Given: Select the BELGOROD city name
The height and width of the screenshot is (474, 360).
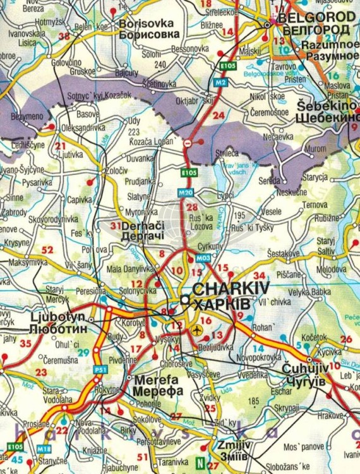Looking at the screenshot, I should [x=314, y=18].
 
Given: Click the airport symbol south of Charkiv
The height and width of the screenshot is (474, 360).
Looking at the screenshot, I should [x=198, y=330].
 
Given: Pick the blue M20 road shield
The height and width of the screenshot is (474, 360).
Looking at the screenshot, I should [x=184, y=193].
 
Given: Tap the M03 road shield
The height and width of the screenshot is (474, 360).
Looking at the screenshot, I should [x=203, y=258].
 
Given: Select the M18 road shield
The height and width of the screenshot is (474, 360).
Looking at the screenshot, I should [x=44, y=449].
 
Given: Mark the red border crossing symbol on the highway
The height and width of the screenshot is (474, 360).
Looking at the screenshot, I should [x=187, y=144].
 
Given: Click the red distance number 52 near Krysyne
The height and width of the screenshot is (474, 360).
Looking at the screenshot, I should [x=47, y=250].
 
